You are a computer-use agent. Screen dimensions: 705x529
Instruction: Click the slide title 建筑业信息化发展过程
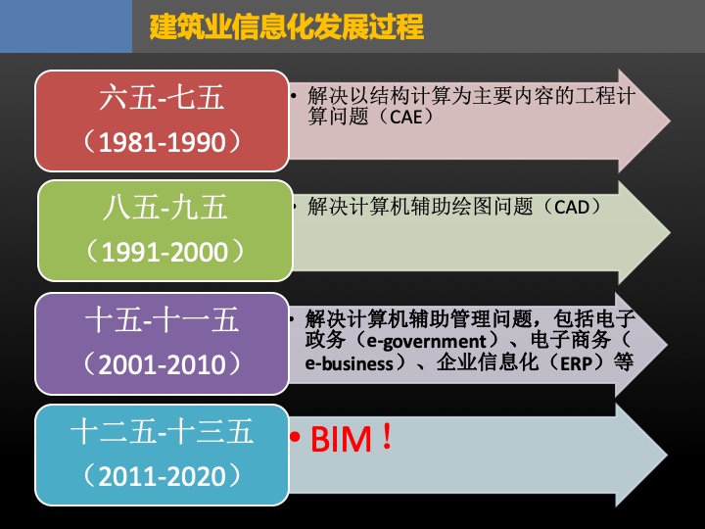(286, 26)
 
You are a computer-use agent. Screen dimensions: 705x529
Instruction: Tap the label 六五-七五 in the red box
(162, 98)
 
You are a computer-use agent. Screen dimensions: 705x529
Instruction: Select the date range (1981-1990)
(162, 142)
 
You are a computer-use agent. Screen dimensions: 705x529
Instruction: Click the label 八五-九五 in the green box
(165, 208)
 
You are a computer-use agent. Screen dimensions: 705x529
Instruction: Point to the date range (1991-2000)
(165, 252)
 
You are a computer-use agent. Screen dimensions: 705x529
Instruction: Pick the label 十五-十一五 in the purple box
(162, 320)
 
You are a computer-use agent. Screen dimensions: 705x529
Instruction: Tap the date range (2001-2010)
(162, 363)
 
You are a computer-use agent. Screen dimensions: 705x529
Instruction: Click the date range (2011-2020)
(162, 475)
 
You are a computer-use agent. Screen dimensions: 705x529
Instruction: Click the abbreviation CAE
(406, 118)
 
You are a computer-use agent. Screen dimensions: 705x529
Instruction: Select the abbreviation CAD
(572, 208)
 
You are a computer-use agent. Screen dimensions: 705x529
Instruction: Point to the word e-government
(426, 342)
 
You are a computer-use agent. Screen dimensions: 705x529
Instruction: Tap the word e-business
(349, 363)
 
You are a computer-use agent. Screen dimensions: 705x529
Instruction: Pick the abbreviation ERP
(576, 363)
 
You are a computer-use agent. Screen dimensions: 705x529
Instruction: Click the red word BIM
(342, 439)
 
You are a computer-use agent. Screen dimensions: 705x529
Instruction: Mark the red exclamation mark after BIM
(386, 438)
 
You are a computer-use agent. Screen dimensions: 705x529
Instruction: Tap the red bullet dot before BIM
(295, 436)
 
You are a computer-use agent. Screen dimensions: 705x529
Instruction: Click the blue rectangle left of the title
(67, 26)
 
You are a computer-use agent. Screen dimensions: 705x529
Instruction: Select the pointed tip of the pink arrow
(671, 120)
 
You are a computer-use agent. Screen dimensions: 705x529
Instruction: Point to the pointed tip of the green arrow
(671, 232)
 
